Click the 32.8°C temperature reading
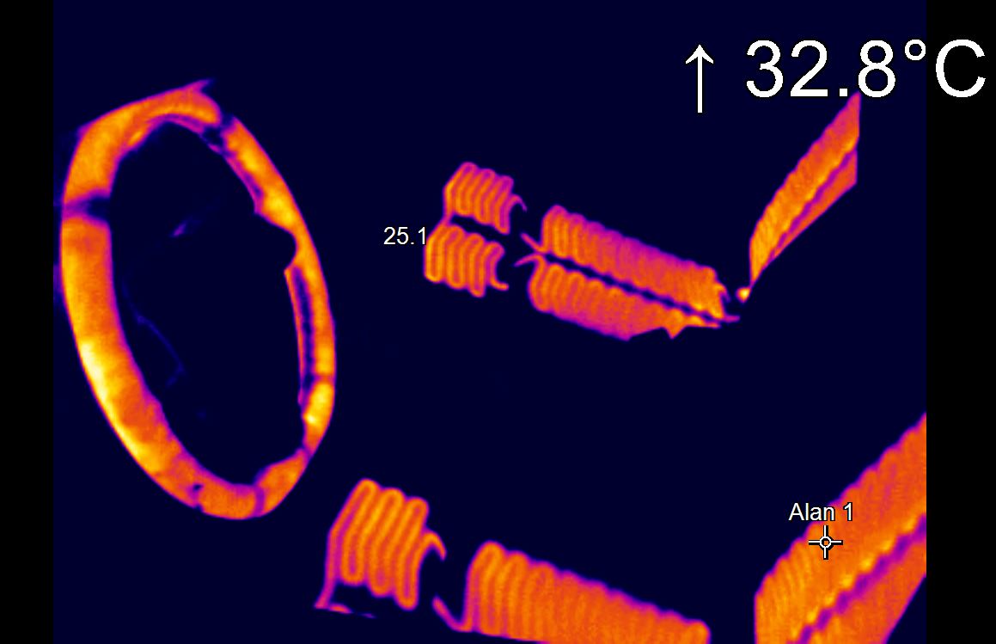tap(864, 69)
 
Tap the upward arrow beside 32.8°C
tap(700, 79)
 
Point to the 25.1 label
tap(404, 236)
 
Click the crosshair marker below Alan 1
tap(826, 543)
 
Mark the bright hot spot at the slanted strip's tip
tap(743, 293)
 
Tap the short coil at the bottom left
tap(378, 542)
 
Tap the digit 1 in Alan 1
tap(847, 512)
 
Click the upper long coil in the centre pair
tap(627, 249)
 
